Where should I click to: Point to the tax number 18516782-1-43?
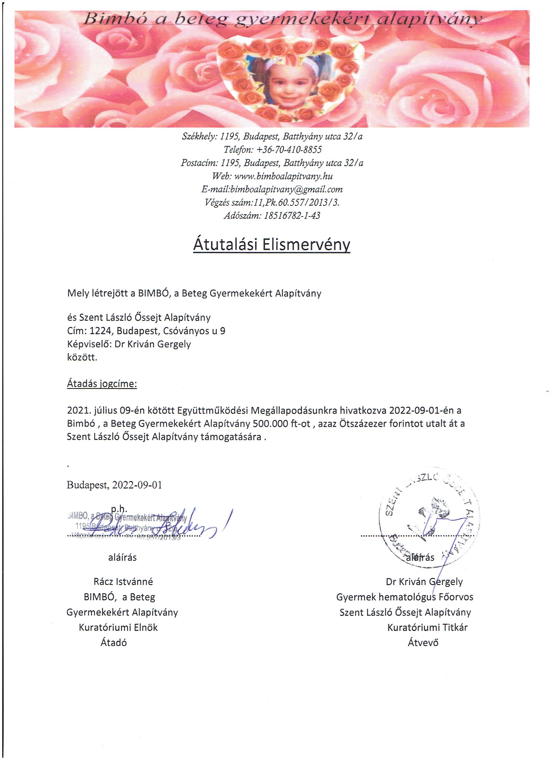tap(292, 216)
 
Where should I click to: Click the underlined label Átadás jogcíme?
tap(102, 383)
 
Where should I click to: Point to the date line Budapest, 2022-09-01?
tap(115, 485)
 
